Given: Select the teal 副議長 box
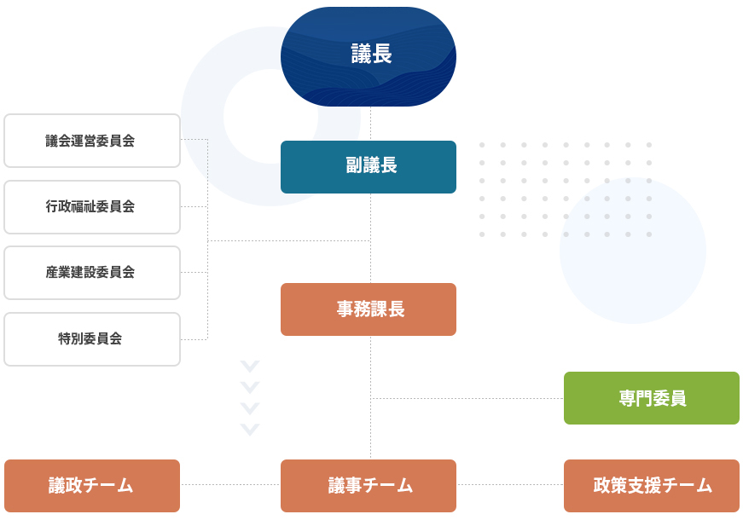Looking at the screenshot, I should tap(369, 167).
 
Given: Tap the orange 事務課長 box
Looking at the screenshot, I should tap(369, 309).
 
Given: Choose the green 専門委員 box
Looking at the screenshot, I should tap(652, 398).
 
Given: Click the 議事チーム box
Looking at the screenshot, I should tap(369, 486).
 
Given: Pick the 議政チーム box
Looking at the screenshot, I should tap(92, 486).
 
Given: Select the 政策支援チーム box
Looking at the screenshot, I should tap(652, 486).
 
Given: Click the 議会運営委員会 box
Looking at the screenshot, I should tap(92, 141).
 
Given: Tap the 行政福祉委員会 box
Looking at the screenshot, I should tap(92, 207).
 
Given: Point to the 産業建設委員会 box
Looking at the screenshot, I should tap(92, 273).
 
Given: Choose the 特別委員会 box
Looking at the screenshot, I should tap(92, 339).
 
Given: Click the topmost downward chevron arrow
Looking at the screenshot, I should tap(250, 367).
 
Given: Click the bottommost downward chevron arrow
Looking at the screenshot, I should tap(250, 429).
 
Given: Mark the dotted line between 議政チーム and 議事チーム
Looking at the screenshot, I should tap(230, 485).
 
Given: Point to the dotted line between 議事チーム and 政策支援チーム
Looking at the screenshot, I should tap(510, 485).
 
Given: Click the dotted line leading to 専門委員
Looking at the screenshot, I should tap(467, 398).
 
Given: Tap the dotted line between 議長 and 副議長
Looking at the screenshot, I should tap(370, 124).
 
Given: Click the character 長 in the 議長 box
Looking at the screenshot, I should tap(382, 55).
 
